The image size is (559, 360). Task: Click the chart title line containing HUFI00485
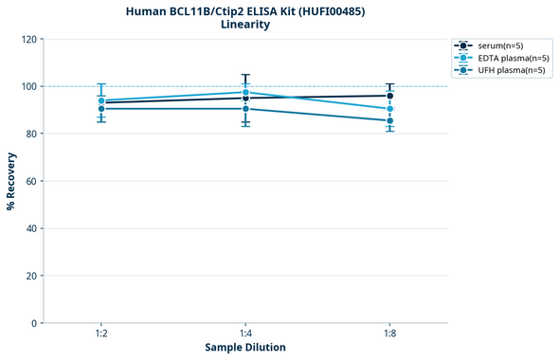tap(245, 10)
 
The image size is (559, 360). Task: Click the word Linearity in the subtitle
tap(245, 25)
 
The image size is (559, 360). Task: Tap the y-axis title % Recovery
tap(11, 181)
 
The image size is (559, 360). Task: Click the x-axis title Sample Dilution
tap(245, 348)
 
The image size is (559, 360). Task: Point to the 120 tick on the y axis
tap(29, 39)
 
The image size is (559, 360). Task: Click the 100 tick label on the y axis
tap(29, 86)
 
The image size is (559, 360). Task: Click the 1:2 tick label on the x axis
tap(101, 334)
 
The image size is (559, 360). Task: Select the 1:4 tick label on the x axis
tap(245, 334)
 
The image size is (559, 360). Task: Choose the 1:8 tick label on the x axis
tap(390, 334)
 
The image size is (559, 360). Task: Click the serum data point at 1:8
tap(390, 96)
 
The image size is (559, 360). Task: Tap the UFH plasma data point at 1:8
tap(390, 121)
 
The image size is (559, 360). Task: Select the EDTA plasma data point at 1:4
tap(245, 93)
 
